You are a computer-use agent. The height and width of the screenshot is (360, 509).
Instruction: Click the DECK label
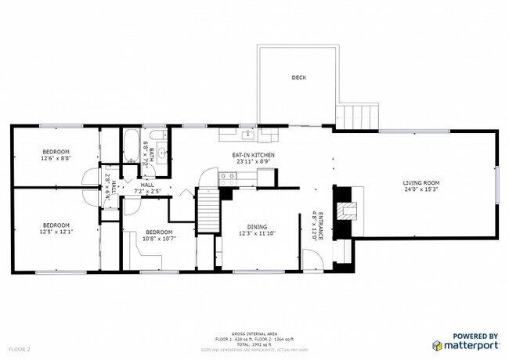point(298,77)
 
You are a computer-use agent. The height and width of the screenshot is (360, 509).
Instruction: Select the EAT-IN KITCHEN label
point(253,155)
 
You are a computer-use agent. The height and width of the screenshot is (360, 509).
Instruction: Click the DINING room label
point(257,225)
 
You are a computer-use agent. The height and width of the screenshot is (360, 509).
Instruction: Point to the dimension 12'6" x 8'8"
point(56,158)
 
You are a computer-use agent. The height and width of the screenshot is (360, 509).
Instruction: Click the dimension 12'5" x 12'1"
point(56,232)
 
